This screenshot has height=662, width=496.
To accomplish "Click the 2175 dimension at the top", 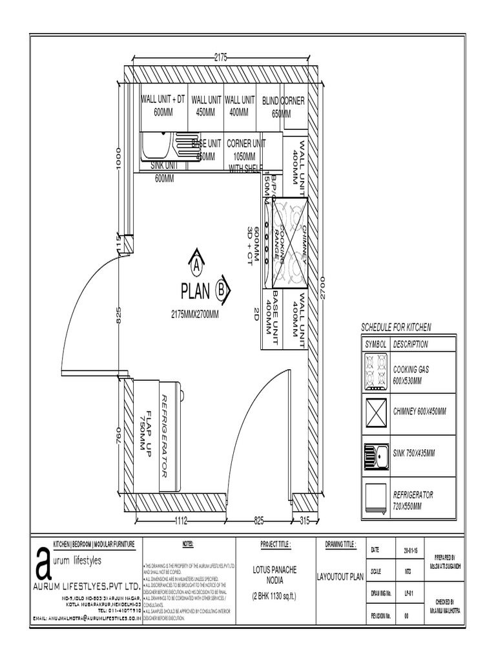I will click(220, 57).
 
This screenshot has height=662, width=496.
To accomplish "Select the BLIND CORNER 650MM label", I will click(283, 107).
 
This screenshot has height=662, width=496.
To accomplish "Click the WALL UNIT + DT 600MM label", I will click(163, 106).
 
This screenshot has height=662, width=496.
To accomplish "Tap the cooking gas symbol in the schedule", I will click(374, 373).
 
